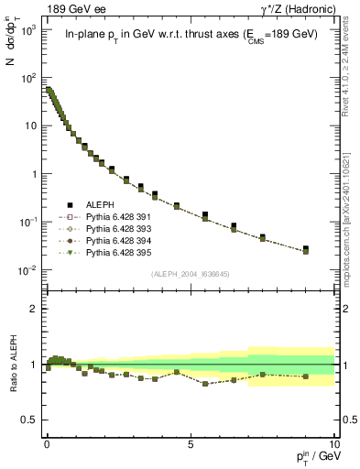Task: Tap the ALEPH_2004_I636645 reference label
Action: click(x=191, y=273)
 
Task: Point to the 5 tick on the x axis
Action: click(x=191, y=442)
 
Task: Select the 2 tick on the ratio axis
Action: click(x=34, y=309)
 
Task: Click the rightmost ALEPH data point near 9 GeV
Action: click(x=305, y=249)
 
